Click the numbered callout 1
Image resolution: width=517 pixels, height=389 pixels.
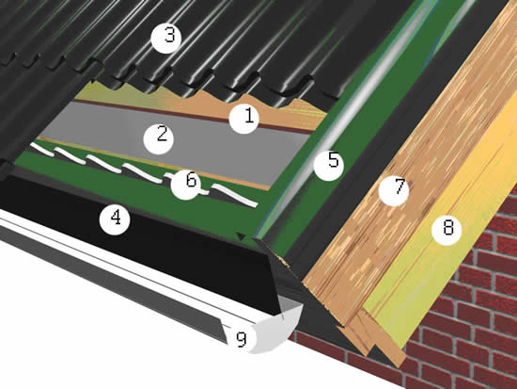coord(244,118)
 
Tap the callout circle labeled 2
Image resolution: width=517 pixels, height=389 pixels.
coord(159,138)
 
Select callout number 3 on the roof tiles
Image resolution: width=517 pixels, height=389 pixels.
coord(166,38)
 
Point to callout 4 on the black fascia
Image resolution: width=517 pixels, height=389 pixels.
coord(115,219)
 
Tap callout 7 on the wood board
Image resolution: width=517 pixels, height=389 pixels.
coord(394,190)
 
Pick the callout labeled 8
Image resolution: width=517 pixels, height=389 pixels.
coord(446,230)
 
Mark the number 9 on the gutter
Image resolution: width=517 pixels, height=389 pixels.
coord(242,339)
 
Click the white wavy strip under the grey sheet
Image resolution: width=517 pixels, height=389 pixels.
coord(145,172)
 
